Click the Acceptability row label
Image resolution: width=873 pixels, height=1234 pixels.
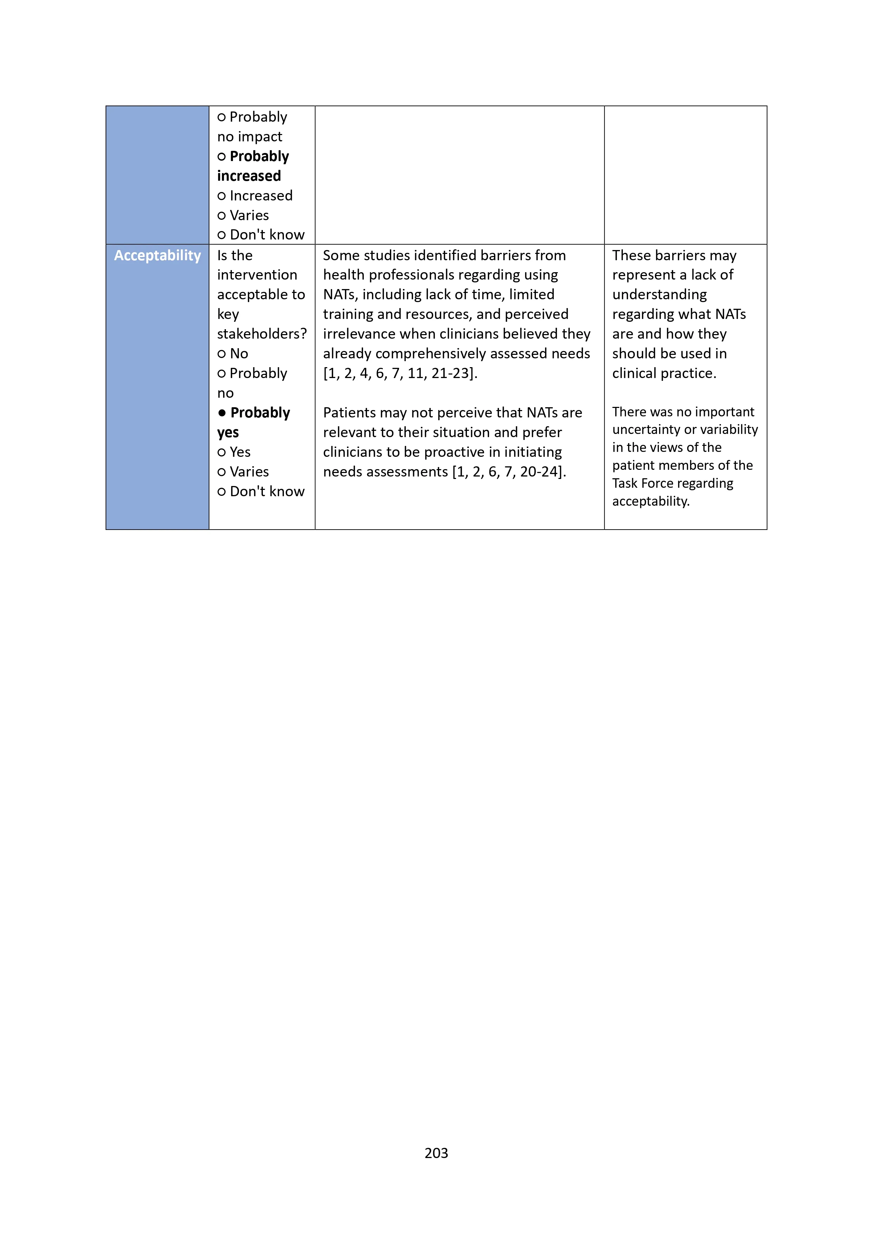(157, 255)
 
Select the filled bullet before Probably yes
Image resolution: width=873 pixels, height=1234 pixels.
(222, 413)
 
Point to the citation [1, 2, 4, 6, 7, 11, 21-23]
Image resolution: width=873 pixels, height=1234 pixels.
(400, 373)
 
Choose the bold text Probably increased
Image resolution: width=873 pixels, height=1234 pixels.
(253, 166)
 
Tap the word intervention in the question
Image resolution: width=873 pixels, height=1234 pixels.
(257, 275)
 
